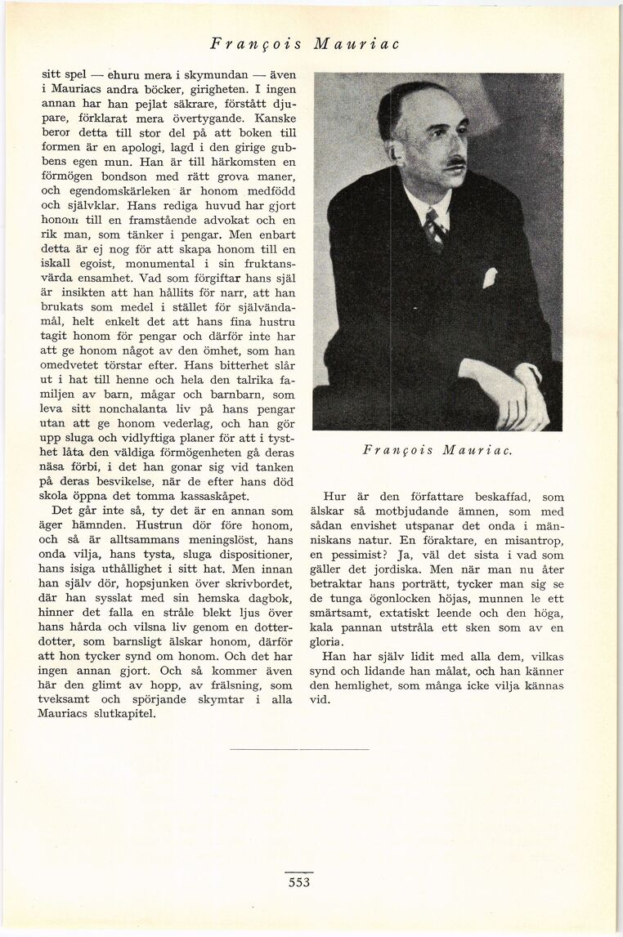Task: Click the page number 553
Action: click(x=300, y=882)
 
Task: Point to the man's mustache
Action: click(x=455, y=163)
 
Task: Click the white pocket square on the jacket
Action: click(x=489, y=278)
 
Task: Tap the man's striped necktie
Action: click(x=435, y=228)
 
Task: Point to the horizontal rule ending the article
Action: click(x=299, y=748)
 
